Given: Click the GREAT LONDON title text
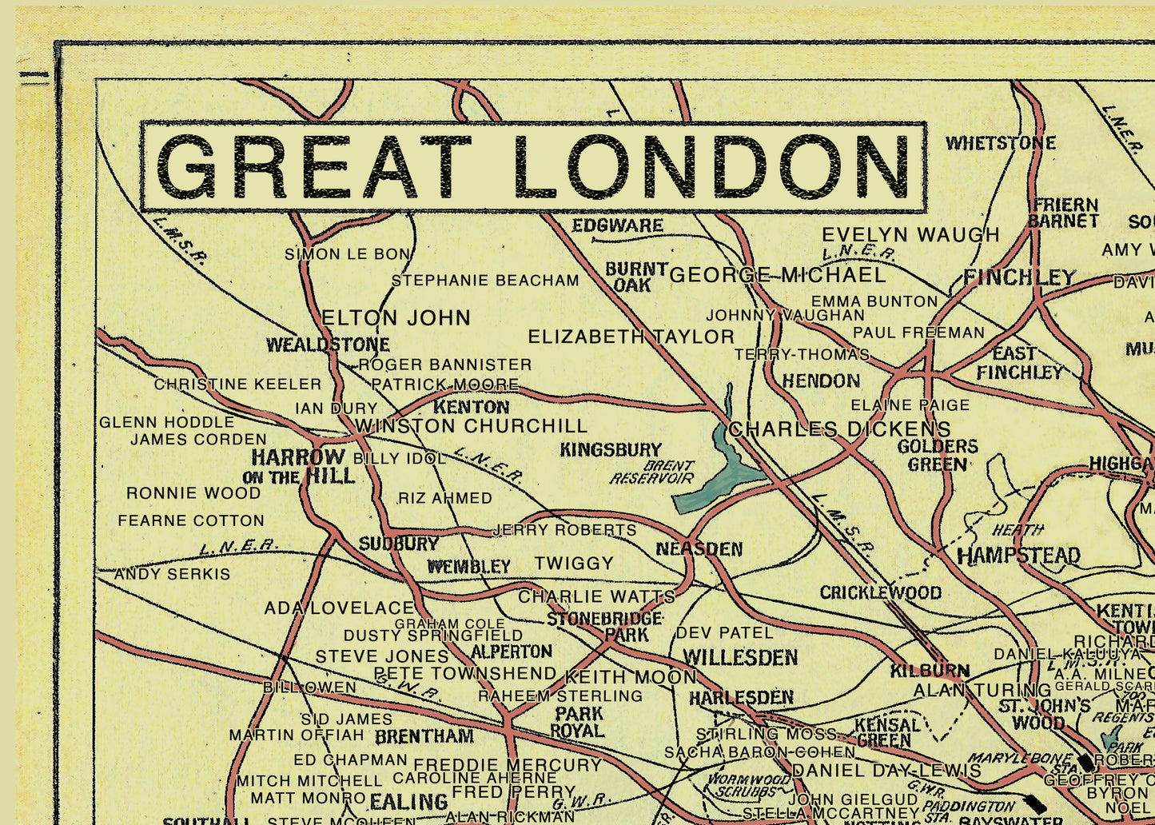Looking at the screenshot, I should [x=533, y=166].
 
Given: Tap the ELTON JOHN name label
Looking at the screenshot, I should [x=396, y=318].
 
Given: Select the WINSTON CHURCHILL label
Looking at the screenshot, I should [x=471, y=426].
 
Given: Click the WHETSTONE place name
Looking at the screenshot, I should [x=1001, y=143].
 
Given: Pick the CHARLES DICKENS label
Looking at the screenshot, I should [x=839, y=429].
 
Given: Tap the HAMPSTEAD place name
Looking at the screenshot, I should [x=1018, y=555].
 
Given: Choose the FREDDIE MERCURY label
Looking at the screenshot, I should [x=508, y=765].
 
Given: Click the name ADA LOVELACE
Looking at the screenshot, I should [x=340, y=608].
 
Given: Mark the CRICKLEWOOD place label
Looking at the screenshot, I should [x=880, y=592].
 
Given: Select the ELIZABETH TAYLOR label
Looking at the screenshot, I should [x=631, y=337].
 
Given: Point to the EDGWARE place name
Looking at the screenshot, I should [x=617, y=226].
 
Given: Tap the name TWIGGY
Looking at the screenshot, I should [x=574, y=564].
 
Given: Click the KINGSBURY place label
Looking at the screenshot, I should [x=611, y=450].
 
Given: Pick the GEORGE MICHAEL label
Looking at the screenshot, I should [x=778, y=276].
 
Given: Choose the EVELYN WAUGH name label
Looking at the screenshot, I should [x=910, y=235].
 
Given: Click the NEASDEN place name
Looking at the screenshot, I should [x=699, y=549].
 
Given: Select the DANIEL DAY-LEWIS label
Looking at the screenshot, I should [x=886, y=771].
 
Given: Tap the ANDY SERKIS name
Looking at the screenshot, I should [x=172, y=574].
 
